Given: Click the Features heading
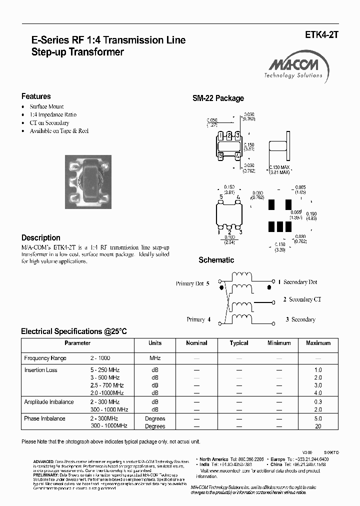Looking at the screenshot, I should coord(36,96).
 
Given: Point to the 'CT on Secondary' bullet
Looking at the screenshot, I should coord(49,122).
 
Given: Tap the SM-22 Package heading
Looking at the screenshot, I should coord(218,98).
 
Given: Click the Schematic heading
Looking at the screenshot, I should coord(216,260).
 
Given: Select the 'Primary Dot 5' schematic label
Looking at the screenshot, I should coord(192,283).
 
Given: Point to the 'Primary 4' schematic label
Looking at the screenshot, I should coord(199,319).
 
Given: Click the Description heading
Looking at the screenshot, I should coord(41,238).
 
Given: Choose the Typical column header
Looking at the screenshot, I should coord(239,343).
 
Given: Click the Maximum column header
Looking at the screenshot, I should coord(318,343).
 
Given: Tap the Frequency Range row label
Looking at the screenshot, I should coord(45,358).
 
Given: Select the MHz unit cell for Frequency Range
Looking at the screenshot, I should coord(155,358).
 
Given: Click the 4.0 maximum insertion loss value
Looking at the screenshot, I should coord(318,393).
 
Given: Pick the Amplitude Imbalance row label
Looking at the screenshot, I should coord(49,402).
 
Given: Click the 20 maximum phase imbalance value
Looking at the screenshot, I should coord(318,426).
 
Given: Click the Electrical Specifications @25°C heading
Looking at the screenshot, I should coord(74,331).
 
